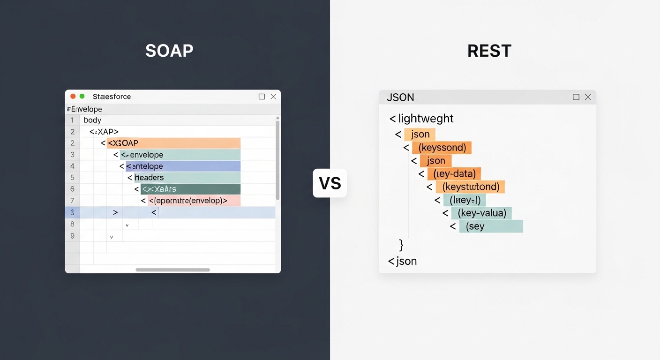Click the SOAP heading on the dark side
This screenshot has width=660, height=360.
coord(169,51)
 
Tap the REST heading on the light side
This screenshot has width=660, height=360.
coord(489,51)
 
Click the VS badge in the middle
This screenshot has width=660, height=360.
coord(330,183)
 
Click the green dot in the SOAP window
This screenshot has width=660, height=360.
coord(82,97)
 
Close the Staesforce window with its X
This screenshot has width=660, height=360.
coord(273,97)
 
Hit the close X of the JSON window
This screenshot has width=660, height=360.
coord(588,97)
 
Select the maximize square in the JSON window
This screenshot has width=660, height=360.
coord(576,97)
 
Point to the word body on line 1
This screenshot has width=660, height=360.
coord(92,120)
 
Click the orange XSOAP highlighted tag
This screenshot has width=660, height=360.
coord(173,143)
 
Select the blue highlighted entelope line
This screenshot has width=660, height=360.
coord(183,166)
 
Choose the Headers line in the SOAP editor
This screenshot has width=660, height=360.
coord(187,178)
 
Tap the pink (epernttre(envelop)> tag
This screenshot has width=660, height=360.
coord(194,201)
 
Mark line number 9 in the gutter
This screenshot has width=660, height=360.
coord(72,236)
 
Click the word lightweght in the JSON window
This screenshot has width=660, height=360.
coord(426,119)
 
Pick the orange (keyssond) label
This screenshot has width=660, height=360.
coord(442,148)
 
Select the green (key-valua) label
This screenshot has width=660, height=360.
coord(481,213)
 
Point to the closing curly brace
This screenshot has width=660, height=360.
coord(401,245)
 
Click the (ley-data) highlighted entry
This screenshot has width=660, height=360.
coord(454,174)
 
